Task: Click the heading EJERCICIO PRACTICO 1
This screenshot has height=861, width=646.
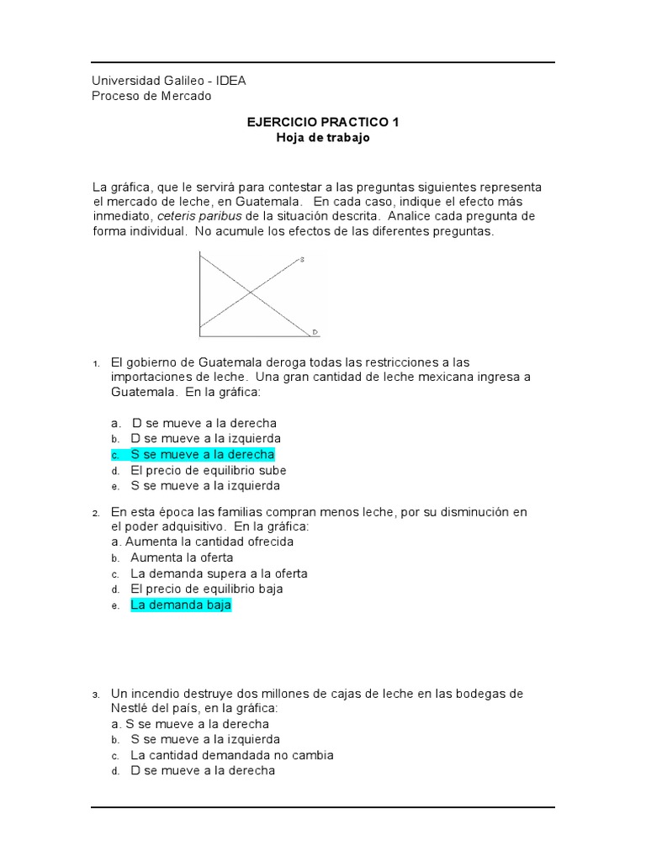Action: pyautogui.click(x=323, y=122)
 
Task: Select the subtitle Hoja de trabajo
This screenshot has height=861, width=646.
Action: pyautogui.click(x=323, y=138)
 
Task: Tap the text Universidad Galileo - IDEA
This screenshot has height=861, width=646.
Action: pyautogui.click(x=168, y=81)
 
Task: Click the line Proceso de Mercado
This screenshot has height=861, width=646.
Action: pyautogui.click(x=151, y=96)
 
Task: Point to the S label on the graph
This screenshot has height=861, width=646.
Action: pyautogui.click(x=302, y=260)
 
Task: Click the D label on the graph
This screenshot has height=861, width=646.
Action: pyautogui.click(x=315, y=332)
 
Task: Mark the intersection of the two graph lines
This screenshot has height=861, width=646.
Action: pyautogui.click(x=250, y=292)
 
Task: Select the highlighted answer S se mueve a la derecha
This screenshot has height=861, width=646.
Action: pyautogui.click(x=203, y=455)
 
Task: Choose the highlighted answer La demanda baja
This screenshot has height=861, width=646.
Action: pyautogui.click(x=180, y=605)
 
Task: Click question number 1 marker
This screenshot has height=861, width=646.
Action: pyautogui.click(x=97, y=363)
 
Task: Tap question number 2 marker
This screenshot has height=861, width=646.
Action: pyautogui.click(x=97, y=512)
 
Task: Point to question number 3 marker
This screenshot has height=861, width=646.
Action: pyautogui.click(x=97, y=695)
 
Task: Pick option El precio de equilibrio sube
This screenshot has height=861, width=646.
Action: pyautogui.click(x=209, y=470)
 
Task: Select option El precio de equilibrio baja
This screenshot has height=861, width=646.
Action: pyautogui.click(x=207, y=589)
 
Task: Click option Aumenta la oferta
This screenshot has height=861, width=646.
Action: pyautogui.click(x=182, y=557)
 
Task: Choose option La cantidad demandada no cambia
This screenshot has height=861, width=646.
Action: pyautogui.click(x=232, y=755)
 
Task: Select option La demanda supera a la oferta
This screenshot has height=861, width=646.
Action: pyautogui.click(x=219, y=573)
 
